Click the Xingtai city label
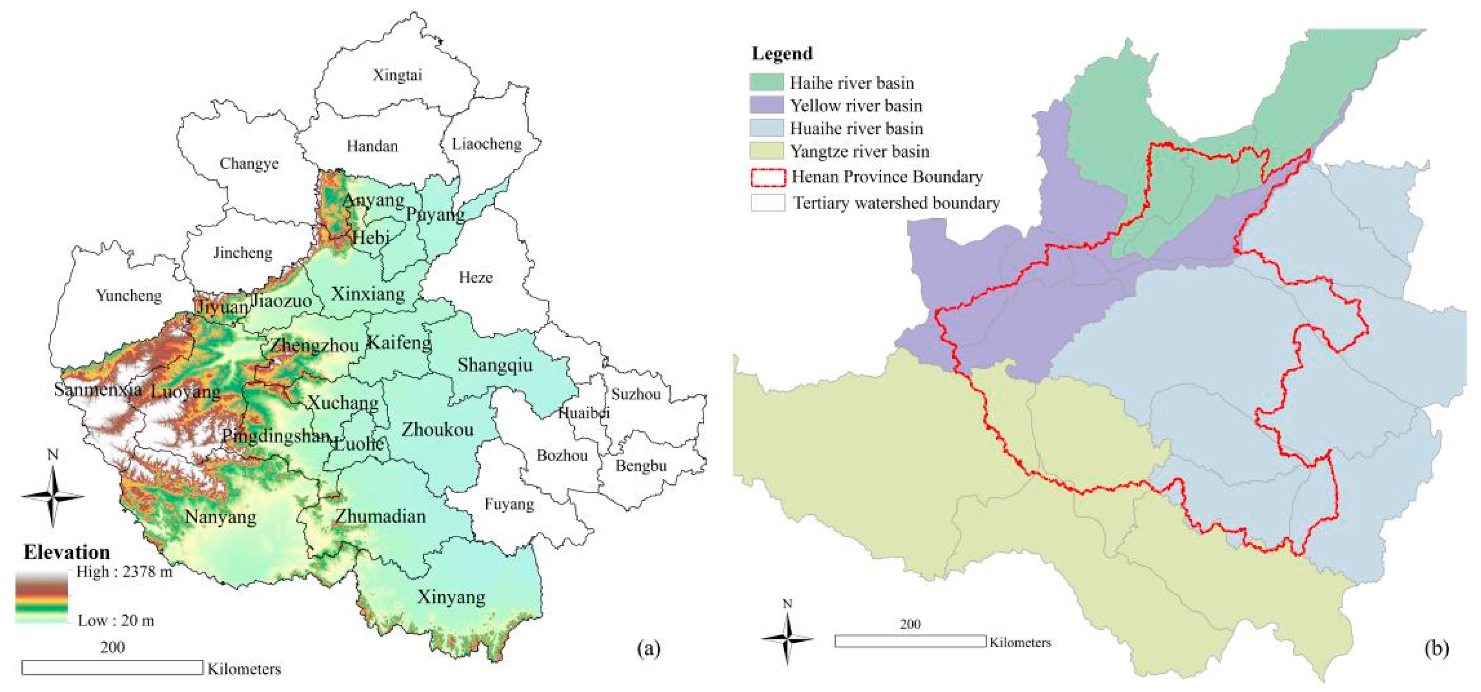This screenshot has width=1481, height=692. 397,75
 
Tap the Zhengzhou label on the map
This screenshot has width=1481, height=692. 314,345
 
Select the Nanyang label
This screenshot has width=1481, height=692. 221,517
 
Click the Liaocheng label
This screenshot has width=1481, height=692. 487,144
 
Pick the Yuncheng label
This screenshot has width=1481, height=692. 129,295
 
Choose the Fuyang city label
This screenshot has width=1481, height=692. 509,505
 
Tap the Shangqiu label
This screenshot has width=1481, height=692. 495,365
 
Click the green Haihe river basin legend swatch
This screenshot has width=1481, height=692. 766,82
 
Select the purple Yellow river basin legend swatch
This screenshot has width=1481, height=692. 766,105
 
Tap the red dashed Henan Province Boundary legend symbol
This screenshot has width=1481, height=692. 768,177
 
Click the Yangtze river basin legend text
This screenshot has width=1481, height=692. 859,152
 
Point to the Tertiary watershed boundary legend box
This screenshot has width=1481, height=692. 768,203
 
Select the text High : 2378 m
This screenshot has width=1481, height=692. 124,572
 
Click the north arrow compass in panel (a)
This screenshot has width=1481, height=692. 53,496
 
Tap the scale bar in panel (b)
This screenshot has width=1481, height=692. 910,641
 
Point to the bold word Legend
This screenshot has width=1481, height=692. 782,53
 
